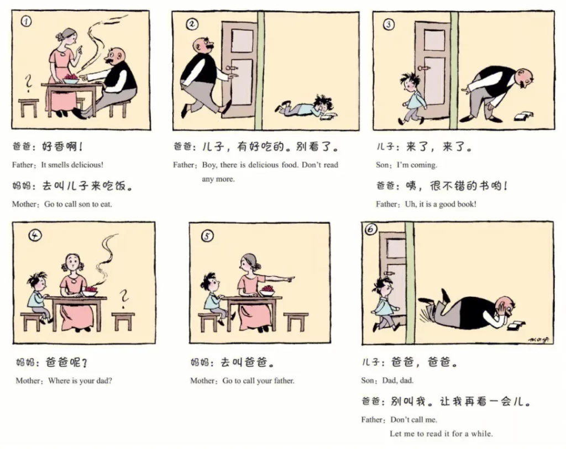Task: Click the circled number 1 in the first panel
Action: click(25, 22)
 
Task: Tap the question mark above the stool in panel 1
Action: click(28, 83)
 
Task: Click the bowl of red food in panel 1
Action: click(71, 80)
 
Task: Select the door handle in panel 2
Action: click(232, 67)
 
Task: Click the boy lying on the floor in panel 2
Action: click(307, 107)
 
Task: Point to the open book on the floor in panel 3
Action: click(523, 116)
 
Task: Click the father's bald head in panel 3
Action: click(524, 76)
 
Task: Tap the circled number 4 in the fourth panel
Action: click(35, 235)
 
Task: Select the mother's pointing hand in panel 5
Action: click(290, 278)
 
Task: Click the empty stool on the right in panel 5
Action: click(296, 321)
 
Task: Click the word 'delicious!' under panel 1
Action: click(87, 165)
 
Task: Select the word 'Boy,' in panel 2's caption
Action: click(209, 165)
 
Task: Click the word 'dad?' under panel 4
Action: click(103, 381)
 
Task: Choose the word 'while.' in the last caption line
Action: click(481, 433)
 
